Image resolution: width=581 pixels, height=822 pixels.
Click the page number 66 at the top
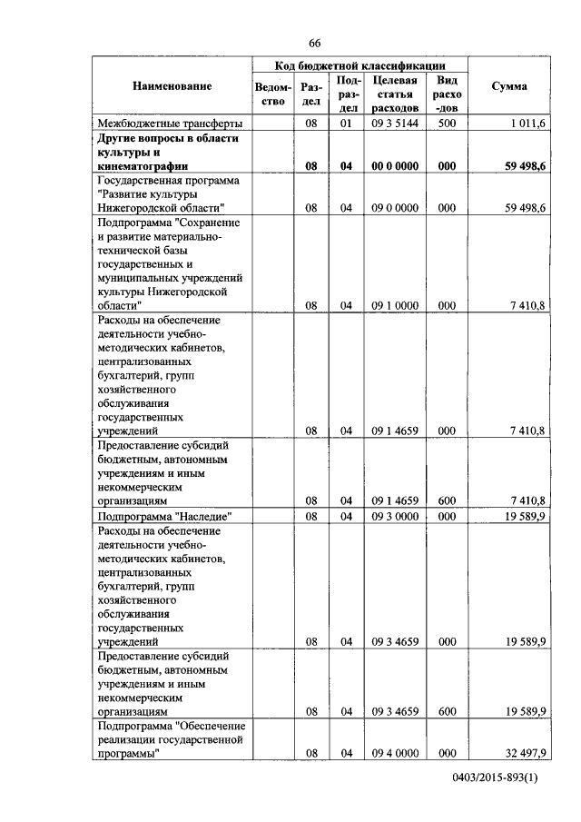click(x=314, y=43)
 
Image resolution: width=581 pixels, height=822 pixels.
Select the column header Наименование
click(x=172, y=86)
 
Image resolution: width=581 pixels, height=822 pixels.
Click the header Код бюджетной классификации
click(x=360, y=66)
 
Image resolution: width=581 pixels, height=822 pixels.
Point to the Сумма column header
click(x=509, y=86)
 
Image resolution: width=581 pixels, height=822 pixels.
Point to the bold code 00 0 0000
click(x=394, y=166)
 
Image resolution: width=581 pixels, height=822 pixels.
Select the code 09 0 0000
click(x=394, y=208)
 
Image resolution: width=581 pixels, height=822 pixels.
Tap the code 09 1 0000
click(x=394, y=306)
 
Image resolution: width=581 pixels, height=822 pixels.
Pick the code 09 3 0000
click(x=394, y=516)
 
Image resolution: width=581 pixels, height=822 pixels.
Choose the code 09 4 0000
click(x=394, y=754)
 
